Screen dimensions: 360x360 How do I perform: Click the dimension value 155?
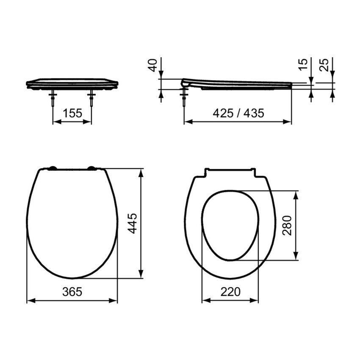click(x=72, y=113)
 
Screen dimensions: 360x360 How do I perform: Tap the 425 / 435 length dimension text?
click(x=238, y=113)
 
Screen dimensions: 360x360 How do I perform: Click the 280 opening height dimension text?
click(x=288, y=226)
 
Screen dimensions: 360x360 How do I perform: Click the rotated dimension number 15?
click(x=302, y=64)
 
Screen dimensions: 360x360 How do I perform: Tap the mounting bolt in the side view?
click(x=184, y=98)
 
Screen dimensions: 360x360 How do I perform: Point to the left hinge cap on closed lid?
click(x=52, y=168)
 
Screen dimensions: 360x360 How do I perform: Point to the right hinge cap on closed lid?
click(x=91, y=168)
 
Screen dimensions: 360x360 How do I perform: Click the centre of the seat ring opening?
click(x=230, y=225)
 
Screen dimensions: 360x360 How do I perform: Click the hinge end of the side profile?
click(x=184, y=83)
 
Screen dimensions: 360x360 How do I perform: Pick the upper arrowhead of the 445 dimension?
click(x=141, y=171)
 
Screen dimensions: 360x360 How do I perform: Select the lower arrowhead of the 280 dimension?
click(x=296, y=257)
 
